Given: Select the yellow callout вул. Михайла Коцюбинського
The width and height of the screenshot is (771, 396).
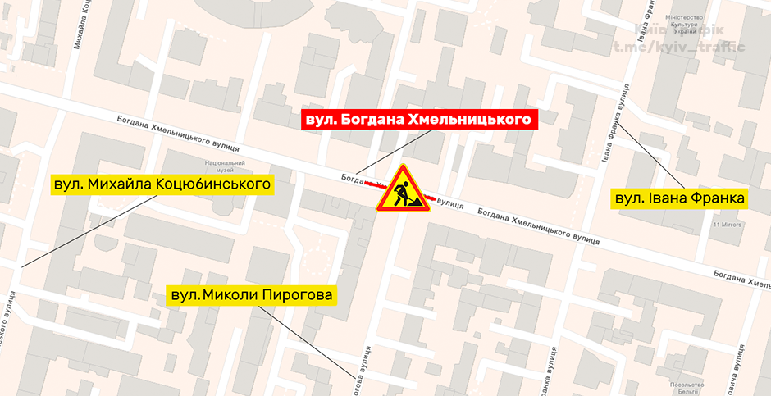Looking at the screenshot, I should (162, 184).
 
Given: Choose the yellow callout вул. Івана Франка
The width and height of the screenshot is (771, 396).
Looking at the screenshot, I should (680, 198).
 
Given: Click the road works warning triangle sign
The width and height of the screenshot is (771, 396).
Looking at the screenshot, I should (403, 191).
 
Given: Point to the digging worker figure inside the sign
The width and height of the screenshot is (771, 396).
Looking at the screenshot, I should (403, 196).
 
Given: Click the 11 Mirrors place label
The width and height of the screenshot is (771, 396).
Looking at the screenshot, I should (728, 224).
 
